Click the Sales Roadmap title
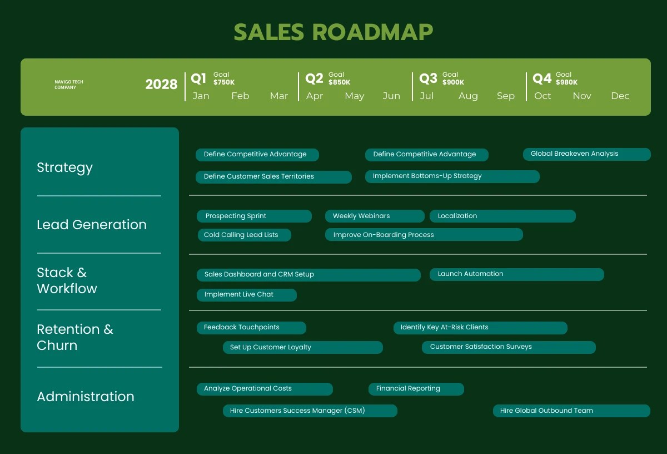coord(333,32)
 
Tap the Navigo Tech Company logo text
coord(69,85)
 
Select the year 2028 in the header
coord(161,85)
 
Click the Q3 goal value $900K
coord(453,82)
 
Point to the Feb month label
coord(240,96)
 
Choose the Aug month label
coord(468,96)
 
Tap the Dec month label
coord(620,96)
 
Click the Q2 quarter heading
coord(314,78)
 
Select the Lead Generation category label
coord(92,225)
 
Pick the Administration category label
coord(86,397)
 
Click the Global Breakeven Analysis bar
coord(586,154)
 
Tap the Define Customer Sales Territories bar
coord(273,177)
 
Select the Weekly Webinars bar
coord(374,216)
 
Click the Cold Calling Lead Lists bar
coord(244,235)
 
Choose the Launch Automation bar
coord(516,274)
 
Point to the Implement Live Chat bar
coord(246,294)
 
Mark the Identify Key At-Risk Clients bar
coord(480,328)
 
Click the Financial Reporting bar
coord(416,389)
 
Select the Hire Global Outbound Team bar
coord(571,411)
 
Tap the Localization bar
coord(502,216)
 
